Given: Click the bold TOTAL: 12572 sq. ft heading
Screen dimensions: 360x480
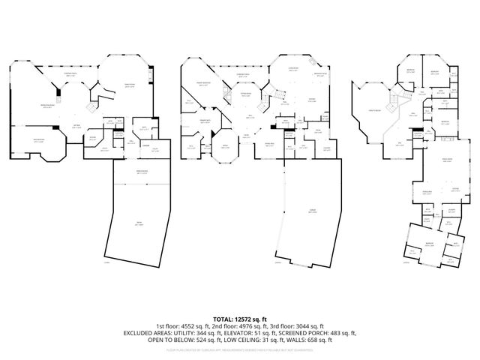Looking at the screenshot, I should [x=240, y=320].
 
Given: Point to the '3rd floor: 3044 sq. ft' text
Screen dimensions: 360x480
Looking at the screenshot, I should [x=297, y=326].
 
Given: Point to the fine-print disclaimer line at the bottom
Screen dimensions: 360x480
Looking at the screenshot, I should [x=240, y=349].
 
